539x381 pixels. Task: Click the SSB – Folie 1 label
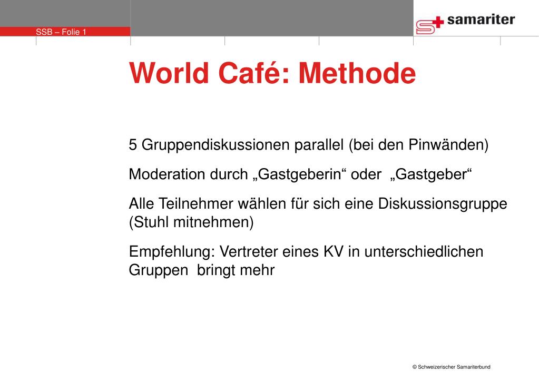point(61,32)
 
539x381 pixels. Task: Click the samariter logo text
point(481,20)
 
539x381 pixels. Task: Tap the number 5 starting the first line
point(133,145)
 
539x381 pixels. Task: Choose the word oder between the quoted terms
point(365,174)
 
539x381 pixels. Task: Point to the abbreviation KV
point(332,251)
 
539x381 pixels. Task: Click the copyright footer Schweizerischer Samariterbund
point(451,367)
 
